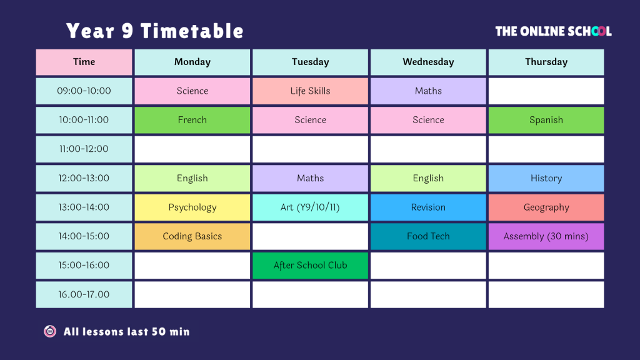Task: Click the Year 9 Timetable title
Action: point(155,31)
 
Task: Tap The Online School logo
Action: point(554,31)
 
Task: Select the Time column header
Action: point(84,62)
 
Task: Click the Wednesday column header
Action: point(428,62)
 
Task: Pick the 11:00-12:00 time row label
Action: point(84,149)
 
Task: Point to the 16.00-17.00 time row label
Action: point(84,294)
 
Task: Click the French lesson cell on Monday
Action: point(192,120)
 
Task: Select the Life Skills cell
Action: point(310,91)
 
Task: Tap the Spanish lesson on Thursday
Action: point(546,120)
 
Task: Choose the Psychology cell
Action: point(192,207)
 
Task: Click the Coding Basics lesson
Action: point(192,236)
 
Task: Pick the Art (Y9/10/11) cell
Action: point(310,207)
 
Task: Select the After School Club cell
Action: point(310,265)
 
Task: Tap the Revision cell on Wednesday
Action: point(428,207)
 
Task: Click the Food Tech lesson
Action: point(428,236)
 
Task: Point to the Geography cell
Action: point(546,207)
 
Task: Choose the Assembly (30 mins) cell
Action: point(546,236)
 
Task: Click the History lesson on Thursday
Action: point(546,178)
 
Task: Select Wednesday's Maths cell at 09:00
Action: point(428,91)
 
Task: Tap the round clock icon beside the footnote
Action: point(50,331)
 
